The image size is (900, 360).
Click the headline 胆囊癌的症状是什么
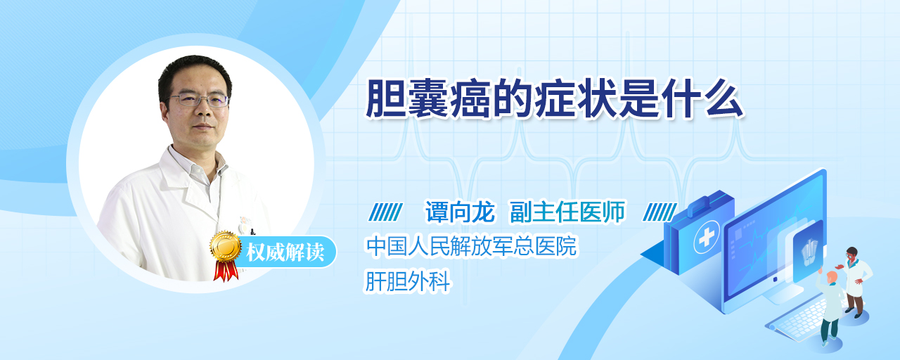coord(554,99)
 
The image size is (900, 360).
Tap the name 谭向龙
coord(460,212)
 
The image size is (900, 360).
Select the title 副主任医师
coord(567,212)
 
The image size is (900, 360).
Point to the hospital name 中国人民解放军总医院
coord(471,246)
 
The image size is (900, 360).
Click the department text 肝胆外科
coord(407,281)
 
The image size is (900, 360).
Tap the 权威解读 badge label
coord(285,252)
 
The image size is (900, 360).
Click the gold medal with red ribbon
coord(226,255)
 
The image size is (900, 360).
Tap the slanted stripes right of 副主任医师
coord(660,212)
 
